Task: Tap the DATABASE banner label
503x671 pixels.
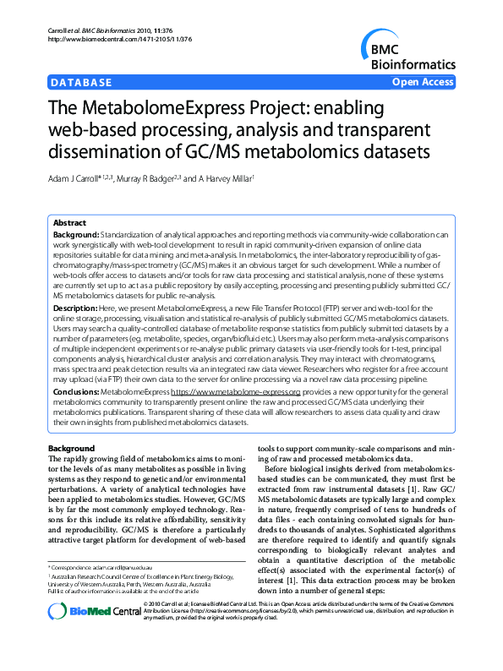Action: point(81,83)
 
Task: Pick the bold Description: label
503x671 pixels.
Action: point(76,310)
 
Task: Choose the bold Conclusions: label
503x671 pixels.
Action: point(77,392)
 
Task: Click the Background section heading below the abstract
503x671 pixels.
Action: point(71,447)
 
